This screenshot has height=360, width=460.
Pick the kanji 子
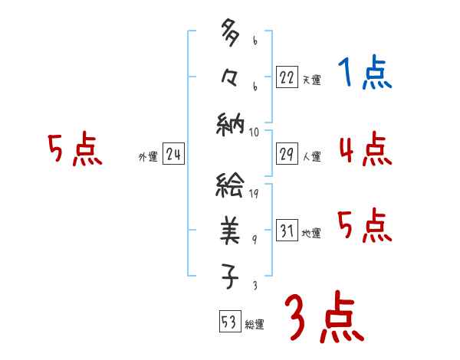[x=230, y=277]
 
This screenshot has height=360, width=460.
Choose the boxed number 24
[x=173, y=155]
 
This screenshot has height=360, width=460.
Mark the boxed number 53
[x=228, y=321]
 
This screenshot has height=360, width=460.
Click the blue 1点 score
[x=364, y=74]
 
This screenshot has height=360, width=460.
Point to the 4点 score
[x=365, y=149]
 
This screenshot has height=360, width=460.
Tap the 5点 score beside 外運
[x=75, y=149]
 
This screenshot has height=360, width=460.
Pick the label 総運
[x=255, y=325]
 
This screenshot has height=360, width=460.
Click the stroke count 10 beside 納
[x=254, y=133]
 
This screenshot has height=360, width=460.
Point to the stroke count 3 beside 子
[x=254, y=285]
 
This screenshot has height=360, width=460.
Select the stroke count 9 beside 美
[x=254, y=241]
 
